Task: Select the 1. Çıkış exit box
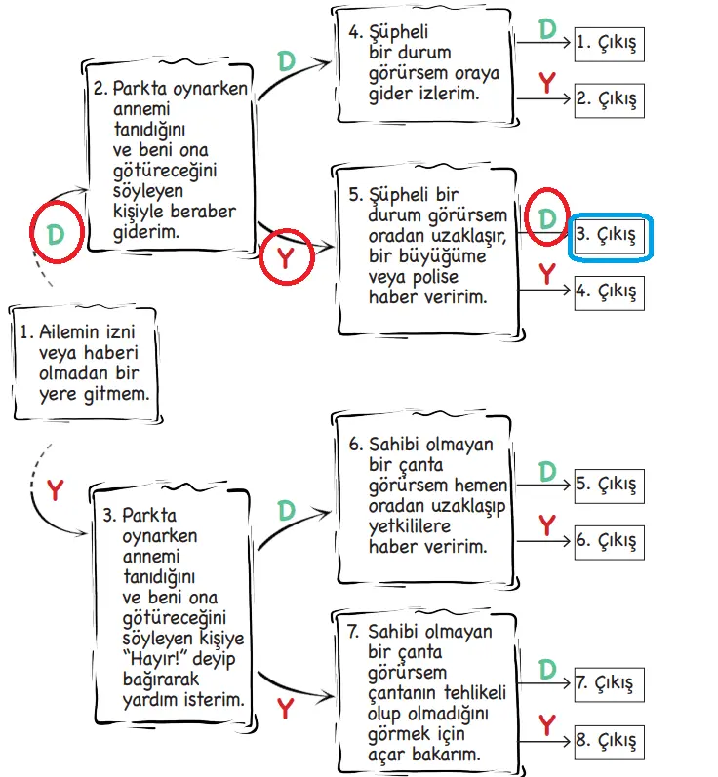[609, 44]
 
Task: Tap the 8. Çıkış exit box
[609, 740]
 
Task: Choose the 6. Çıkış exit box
[609, 540]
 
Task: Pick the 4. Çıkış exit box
[609, 291]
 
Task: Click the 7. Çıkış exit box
[609, 683]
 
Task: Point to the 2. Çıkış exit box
[609, 99]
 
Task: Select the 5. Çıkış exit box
[609, 485]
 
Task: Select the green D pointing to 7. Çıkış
[547, 669]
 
